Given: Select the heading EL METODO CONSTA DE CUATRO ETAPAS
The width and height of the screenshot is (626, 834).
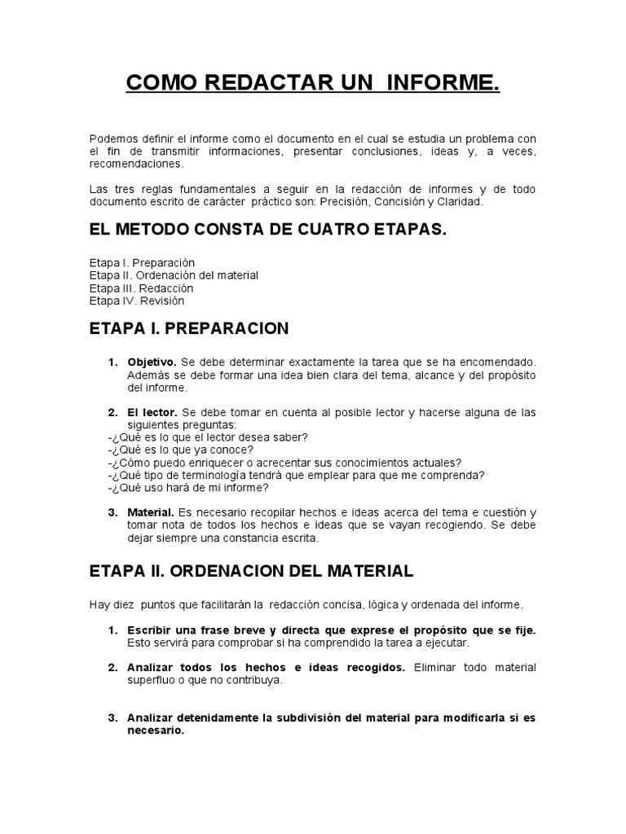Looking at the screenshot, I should point(268,230).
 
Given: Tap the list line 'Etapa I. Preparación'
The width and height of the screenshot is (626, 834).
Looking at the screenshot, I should point(143,263).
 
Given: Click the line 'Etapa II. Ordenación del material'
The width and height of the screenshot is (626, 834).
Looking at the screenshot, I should point(174,275).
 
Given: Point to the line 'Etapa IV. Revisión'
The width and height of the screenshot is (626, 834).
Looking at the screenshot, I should point(137,301).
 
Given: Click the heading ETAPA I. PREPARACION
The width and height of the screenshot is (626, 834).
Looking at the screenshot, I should point(189,328).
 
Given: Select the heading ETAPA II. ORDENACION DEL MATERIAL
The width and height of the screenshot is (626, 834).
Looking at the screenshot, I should point(251,571).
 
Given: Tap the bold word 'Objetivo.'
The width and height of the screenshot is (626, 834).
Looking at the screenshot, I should point(152,361).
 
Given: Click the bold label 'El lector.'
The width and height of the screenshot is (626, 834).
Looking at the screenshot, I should point(152,412).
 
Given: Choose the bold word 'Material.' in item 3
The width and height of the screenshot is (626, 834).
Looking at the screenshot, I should point(151,512).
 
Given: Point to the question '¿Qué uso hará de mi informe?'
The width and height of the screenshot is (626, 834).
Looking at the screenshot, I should point(187,488).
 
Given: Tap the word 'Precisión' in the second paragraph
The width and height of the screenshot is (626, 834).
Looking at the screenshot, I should point(345,202).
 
